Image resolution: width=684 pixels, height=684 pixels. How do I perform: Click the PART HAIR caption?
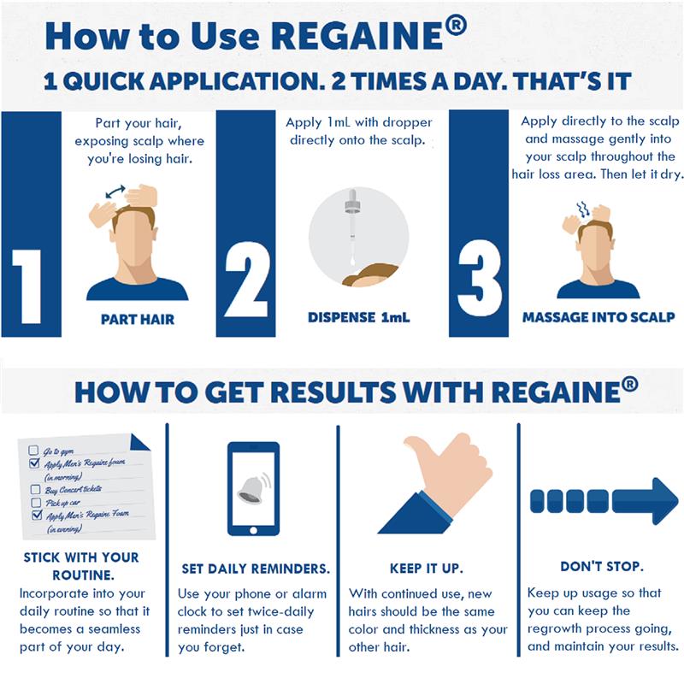click(x=138, y=320)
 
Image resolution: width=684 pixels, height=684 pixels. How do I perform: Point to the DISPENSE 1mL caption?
click(x=359, y=317)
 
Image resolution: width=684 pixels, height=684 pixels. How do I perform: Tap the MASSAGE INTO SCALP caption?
click(x=598, y=317)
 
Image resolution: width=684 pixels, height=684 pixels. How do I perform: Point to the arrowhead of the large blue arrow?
click(x=656, y=501)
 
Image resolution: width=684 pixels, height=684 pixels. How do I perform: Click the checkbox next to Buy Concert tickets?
click(x=35, y=490)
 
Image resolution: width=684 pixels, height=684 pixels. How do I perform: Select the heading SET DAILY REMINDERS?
click(x=256, y=569)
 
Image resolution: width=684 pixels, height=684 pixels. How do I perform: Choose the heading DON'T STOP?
click(x=602, y=567)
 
